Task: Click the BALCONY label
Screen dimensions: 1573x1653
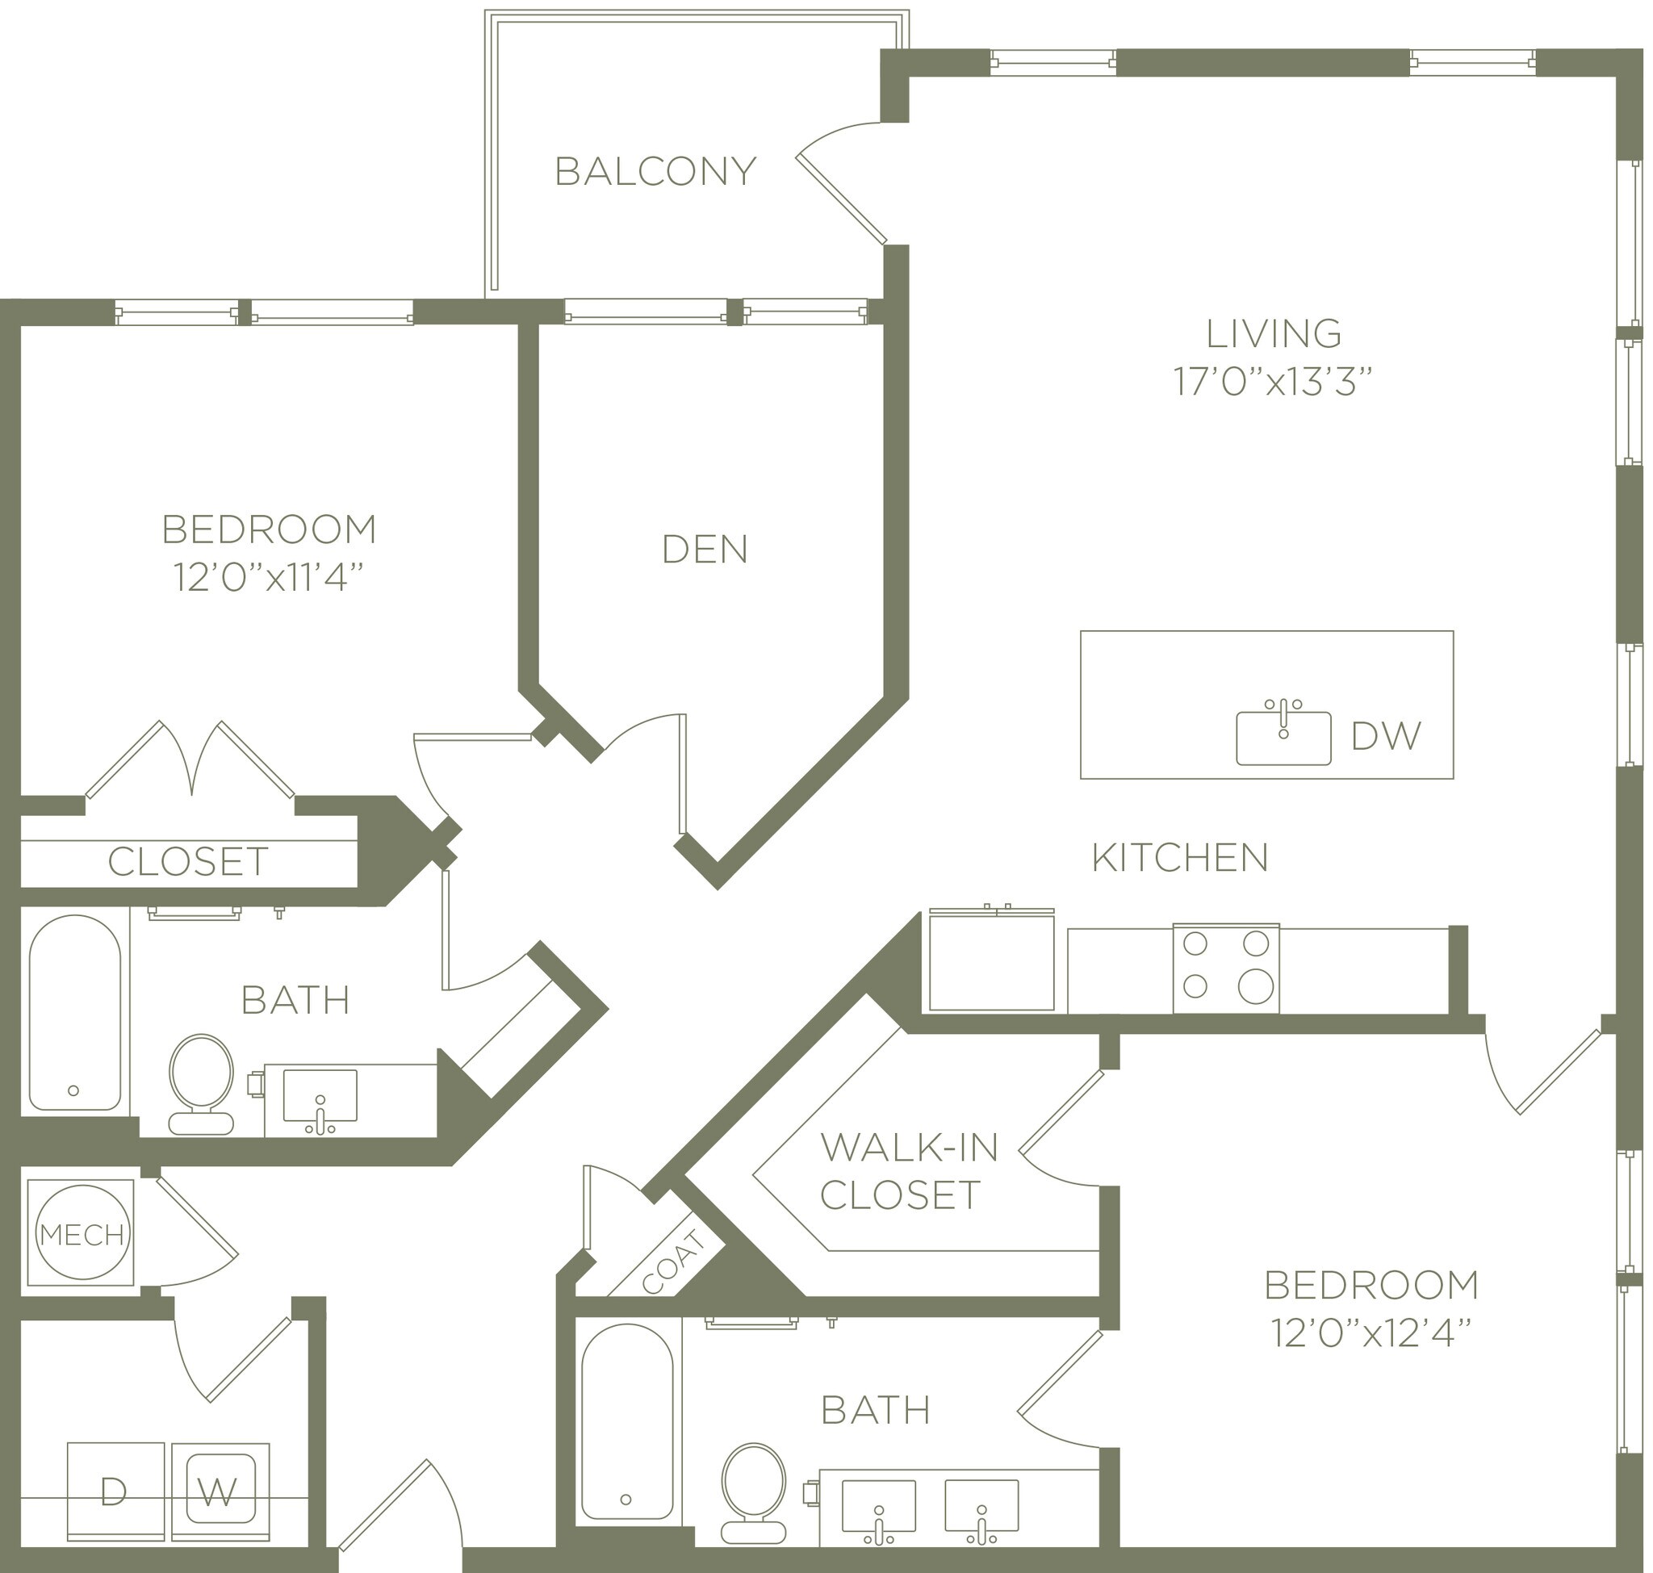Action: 655,171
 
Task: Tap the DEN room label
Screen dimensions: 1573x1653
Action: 705,549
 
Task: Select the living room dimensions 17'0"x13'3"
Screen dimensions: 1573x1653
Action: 1272,383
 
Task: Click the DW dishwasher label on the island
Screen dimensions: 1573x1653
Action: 1387,736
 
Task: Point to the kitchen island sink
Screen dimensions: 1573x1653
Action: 1283,738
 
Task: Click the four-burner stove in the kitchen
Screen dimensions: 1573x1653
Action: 1225,968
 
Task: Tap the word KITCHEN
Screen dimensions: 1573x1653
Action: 1180,858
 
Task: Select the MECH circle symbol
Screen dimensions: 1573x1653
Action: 82,1233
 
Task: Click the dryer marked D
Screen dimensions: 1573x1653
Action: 115,1491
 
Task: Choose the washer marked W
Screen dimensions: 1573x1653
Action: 220,1491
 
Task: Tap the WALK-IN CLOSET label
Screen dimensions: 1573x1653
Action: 908,1170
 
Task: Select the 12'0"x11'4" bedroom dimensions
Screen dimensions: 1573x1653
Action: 269,578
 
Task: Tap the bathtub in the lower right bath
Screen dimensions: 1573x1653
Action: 626,1420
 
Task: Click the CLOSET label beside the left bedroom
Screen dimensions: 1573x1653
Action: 188,862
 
